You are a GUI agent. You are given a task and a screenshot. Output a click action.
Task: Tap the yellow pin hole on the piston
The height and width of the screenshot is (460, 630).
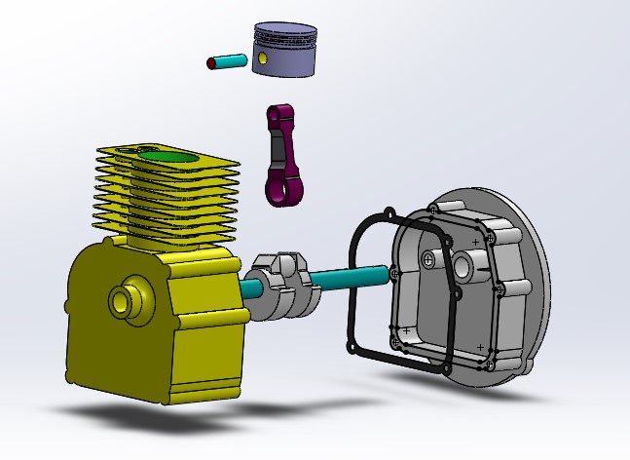[x=263, y=59]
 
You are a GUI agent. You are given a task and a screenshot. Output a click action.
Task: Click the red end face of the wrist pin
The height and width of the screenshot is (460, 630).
[x=211, y=62]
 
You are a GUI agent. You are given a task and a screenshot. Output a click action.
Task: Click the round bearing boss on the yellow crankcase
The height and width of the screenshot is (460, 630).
[x=125, y=298]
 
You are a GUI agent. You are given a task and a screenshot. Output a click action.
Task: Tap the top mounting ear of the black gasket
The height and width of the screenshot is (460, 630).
[x=389, y=212]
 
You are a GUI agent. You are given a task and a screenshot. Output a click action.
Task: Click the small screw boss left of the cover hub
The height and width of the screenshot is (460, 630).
[x=428, y=258]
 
